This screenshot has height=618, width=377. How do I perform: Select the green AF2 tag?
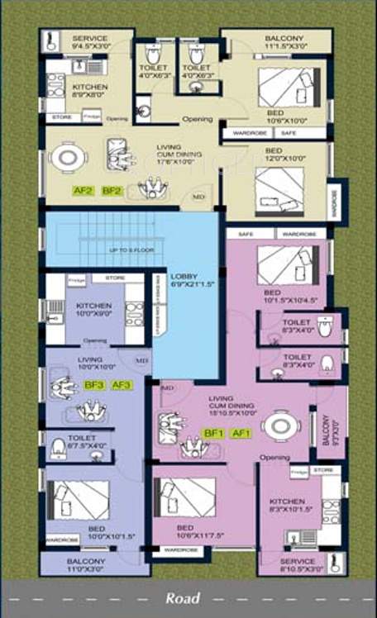coord(83,190)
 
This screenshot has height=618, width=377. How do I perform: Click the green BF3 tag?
coord(93,384)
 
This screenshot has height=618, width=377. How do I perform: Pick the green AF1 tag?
coord(241,433)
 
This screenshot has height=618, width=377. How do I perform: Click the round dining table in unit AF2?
coord(64,156)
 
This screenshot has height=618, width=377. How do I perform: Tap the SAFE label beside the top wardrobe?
coord(288,132)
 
